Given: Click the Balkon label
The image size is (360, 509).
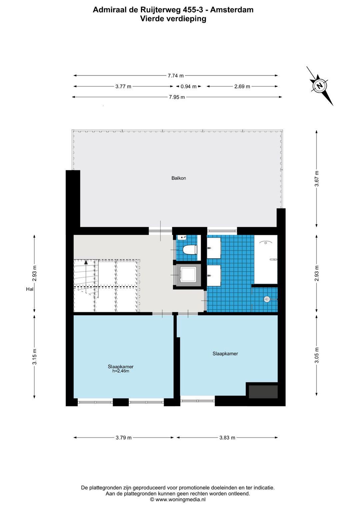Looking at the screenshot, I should click(x=179, y=178).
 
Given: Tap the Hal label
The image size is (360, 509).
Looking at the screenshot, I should click(x=30, y=289).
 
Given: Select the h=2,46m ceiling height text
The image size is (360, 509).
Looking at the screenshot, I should click(x=121, y=371).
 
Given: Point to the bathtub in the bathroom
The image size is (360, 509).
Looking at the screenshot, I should click(x=266, y=259).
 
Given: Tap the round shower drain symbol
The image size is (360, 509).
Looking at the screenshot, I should click(x=267, y=299).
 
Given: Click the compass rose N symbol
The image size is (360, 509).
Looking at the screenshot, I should click(x=320, y=86).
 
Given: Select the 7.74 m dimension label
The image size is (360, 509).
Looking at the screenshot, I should click(x=176, y=76).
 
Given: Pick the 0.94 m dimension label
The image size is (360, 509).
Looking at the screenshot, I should click(x=188, y=86).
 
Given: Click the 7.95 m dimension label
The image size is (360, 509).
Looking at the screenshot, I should click(x=177, y=97).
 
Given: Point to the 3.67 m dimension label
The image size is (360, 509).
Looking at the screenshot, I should click(x=317, y=178).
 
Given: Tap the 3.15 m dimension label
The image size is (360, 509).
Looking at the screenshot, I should click(x=34, y=357).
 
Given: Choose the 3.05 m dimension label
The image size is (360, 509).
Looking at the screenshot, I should click(x=317, y=355).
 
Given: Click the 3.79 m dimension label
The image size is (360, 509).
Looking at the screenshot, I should click(x=124, y=438).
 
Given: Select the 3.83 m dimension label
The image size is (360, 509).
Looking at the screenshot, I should click(x=227, y=438).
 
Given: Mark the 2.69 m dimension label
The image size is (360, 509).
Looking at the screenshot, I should click(x=242, y=86).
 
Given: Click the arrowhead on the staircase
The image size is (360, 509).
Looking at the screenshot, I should click(x=86, y=262).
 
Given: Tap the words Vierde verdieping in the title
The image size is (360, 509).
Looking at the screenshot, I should click(x=173, y=19).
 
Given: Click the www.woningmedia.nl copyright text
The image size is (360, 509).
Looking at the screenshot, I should click(x=178, y=499).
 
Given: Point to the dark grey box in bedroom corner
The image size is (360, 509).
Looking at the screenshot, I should click(x=263, y=392).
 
